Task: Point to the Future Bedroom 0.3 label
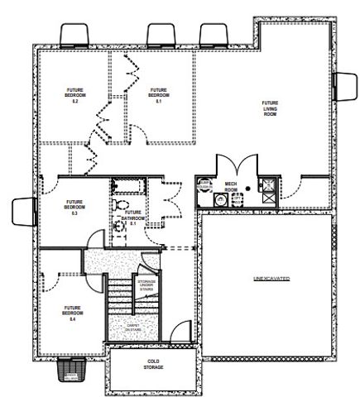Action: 74,207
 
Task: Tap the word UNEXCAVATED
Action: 271,280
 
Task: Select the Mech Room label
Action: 232,188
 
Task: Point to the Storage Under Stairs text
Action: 146,286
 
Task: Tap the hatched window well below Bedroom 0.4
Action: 73,373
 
